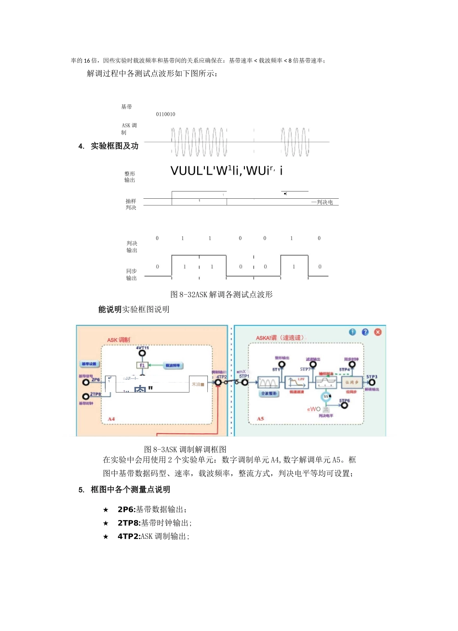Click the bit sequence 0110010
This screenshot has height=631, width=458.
click(x=165, y=114)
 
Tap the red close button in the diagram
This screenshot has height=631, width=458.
click(x=378, y=332)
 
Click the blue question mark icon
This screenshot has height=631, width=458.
click(x=365, y=332)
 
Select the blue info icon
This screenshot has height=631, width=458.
click(x=352, y=332)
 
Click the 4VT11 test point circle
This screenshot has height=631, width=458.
click(x=142, y=354)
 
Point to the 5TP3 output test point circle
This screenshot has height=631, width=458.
click(x=372, y=383)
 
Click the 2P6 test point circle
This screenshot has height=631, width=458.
click(x=86, y=383)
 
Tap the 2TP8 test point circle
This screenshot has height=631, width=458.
click(x=86, y=397)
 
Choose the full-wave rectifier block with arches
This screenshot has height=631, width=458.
click(x=268, y=383)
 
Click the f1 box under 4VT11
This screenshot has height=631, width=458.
click(x=142, y=365)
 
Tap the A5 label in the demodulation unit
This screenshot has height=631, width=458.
click(x=260, y=418)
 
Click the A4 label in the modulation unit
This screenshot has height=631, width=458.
click(x=111, y=419)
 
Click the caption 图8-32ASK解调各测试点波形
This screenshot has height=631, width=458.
click(x=221, y=294)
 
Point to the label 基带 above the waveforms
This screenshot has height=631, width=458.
click(x=126, y=107)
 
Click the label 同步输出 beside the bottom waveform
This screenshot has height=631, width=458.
click(x=132, y=274)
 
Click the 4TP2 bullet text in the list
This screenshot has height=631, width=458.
click(x=153, y=536)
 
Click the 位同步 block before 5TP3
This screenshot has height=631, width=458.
click(x=352, y=383)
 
